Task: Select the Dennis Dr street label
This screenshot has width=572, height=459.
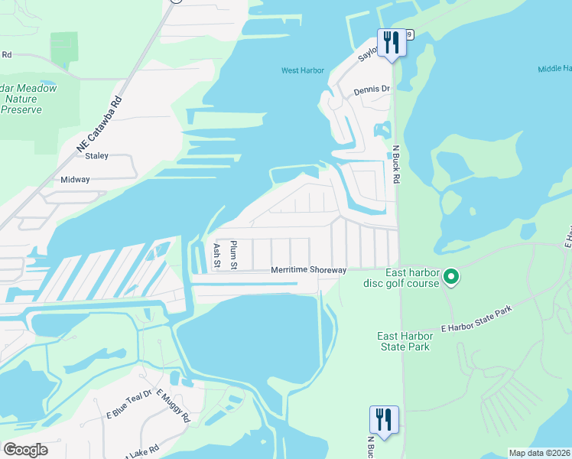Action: pos(372,90)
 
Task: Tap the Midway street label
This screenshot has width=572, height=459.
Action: pos(76,180)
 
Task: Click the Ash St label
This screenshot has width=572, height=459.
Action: pos(216,256)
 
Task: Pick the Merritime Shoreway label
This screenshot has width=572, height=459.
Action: pos(309,270)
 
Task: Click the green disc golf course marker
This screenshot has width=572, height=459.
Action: pos(451,276)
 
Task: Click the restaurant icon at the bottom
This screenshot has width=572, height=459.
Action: pos(384,418)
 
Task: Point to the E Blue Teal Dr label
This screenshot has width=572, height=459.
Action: pos(130,405)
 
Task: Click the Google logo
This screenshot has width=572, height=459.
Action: pos(25,450)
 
